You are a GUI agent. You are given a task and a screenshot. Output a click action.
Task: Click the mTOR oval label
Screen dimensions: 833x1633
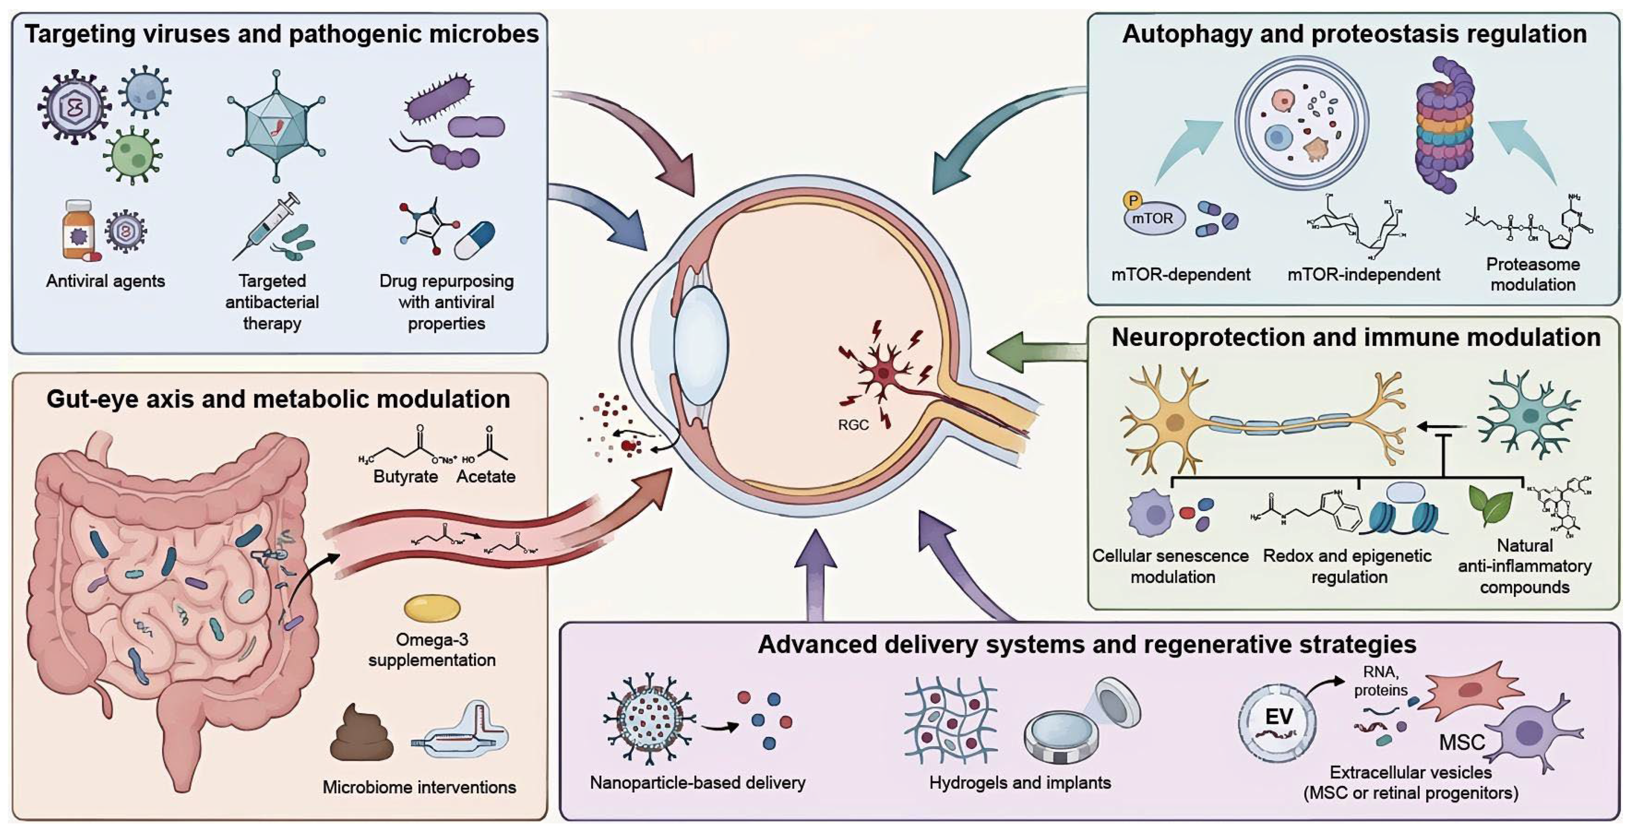click(1153, 219)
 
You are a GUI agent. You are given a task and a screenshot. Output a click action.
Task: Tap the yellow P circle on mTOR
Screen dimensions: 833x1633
click(1132, 200)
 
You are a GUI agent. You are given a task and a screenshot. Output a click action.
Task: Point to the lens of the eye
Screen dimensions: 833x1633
click(700, 346)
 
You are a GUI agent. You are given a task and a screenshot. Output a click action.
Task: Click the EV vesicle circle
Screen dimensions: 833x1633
click(1277, 723)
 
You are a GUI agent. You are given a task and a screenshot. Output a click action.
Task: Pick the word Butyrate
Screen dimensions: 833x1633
click(405, 477)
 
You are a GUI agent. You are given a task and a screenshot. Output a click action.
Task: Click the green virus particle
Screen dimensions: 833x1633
click(132, 155)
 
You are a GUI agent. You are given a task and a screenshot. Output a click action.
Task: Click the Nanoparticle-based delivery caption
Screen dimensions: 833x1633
click(697, 783)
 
